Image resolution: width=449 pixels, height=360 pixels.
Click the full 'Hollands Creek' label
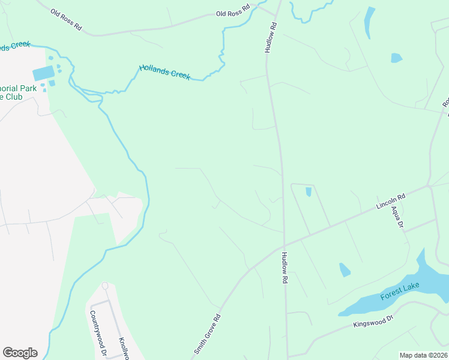[x=164, y=72]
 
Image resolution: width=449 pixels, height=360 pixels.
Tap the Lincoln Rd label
[x=391, y=201]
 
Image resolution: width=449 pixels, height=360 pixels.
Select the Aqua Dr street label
[x=397, y=215]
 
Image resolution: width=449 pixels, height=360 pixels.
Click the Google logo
[x=20, y=353]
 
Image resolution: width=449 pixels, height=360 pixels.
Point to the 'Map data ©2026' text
[x=423, y=355]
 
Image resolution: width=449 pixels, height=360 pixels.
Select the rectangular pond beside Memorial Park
[x=43, y=74]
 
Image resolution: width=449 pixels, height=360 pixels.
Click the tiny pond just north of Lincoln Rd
[x=309, y=192]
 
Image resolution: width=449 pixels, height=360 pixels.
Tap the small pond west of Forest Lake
[x=345, y=270]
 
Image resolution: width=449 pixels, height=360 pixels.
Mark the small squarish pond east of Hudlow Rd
[x=396, y=58]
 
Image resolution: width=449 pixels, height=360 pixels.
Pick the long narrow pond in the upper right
[x=369, y=23]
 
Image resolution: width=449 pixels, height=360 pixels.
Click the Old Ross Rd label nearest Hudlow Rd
[x=233, y=12]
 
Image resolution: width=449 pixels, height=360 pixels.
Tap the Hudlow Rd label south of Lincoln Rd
[x=284, y=268]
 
